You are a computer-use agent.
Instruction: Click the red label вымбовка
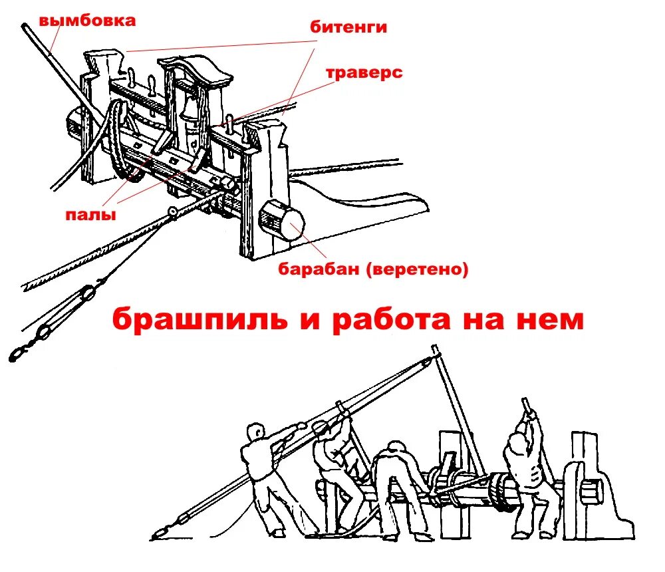tap(87, 21)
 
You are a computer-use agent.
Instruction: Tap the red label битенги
tap(348, 27)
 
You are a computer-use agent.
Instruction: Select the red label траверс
tap(364, 72)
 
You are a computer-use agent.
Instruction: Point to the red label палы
tap(91, 215)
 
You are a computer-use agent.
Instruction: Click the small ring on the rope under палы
tap(174, 212)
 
